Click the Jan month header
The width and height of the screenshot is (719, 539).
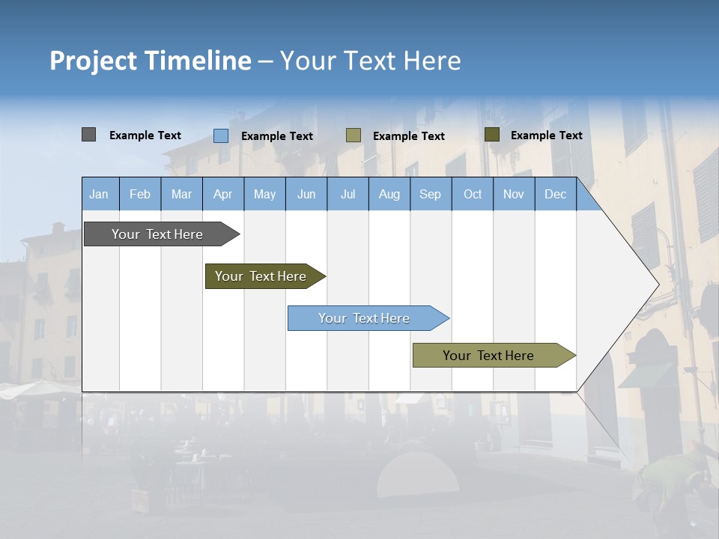100,195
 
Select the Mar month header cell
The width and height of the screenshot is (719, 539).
181,195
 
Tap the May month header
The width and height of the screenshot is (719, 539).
264,195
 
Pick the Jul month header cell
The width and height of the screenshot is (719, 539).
348,195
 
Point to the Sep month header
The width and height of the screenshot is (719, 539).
430,195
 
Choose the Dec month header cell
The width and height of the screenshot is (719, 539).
555,195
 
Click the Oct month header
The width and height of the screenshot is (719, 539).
473,195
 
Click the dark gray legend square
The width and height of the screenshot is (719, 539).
89,135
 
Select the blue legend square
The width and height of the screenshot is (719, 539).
221,135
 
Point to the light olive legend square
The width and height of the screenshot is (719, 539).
354,135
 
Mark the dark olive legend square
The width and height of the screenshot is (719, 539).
492,135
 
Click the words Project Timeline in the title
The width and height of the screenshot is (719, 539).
150,61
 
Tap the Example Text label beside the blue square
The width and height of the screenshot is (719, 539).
277,136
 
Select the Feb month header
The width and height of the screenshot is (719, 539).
140,195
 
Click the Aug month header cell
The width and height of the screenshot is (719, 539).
389,195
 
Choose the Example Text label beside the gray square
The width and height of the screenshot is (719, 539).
145,135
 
